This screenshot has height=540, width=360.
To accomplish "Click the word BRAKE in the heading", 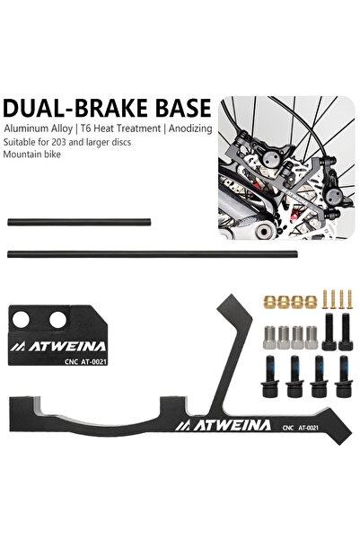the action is click(x=112, y=108).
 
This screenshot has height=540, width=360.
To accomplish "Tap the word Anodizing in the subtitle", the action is click(x=190, y=128).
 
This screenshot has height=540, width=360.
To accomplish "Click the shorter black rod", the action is click(x=79, y=222).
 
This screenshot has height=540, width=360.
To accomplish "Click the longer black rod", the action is click(x=152, y=254).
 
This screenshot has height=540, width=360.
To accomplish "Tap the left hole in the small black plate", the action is click(x=21, y=320).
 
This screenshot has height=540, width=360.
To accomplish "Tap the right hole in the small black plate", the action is click(x=57, y=320).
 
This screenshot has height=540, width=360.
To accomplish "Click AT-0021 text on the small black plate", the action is click(x=94, y=361).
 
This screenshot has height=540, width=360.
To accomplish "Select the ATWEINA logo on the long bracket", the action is click(x=223, y=426).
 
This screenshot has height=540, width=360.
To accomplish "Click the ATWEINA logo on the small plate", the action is click(x=57, y=346).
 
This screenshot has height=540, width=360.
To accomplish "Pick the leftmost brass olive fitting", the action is click(x=269, y=302).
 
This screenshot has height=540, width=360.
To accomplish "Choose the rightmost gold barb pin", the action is click(x=349, y=299).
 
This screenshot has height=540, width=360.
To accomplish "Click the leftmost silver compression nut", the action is click(x=270, y=337).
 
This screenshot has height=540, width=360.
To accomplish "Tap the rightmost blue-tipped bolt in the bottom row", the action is click(x=343, y=376).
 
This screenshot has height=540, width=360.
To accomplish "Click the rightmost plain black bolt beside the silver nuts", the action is click(x=345, y=332).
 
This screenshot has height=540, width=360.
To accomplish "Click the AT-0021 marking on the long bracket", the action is click(x=308, y=428).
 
